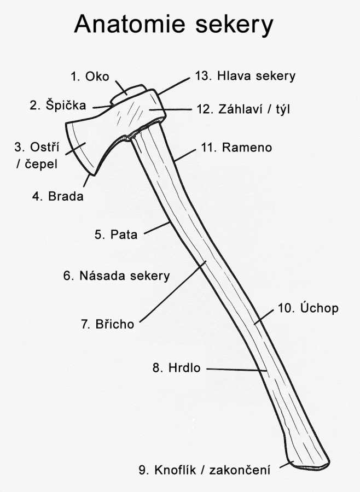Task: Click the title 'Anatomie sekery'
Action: click(x=173, y=25)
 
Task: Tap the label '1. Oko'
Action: click(x=90, y=77)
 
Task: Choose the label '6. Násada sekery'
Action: click(x=116, y=276)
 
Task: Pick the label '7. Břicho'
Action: click(x=107, y=324)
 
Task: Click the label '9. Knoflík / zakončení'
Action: click(x=204, y=470)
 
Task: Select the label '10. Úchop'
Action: click(x=308, y=308)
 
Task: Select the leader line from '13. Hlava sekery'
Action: click(x=174, y=85)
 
